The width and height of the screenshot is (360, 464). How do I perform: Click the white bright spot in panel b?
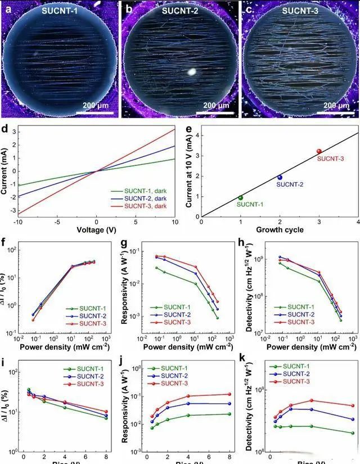click(x=192, y=72)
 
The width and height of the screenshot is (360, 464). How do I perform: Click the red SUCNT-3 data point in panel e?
click(x=319, y=151)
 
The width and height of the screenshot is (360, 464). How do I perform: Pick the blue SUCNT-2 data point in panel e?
click(x=280, y=177)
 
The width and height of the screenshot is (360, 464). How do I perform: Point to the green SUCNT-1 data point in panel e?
click(x=241, y=197)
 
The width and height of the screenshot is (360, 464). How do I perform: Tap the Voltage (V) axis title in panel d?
click(x=96, y=229)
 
